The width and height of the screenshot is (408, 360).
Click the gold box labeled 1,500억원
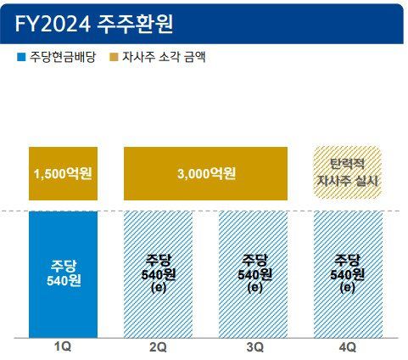coord(63,174)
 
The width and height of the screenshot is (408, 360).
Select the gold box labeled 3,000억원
coord(207,174)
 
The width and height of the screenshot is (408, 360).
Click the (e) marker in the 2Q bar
coord(159,288)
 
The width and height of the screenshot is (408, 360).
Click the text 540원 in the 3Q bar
coord(254,274)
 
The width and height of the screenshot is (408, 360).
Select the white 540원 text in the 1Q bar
coord(63,281)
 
